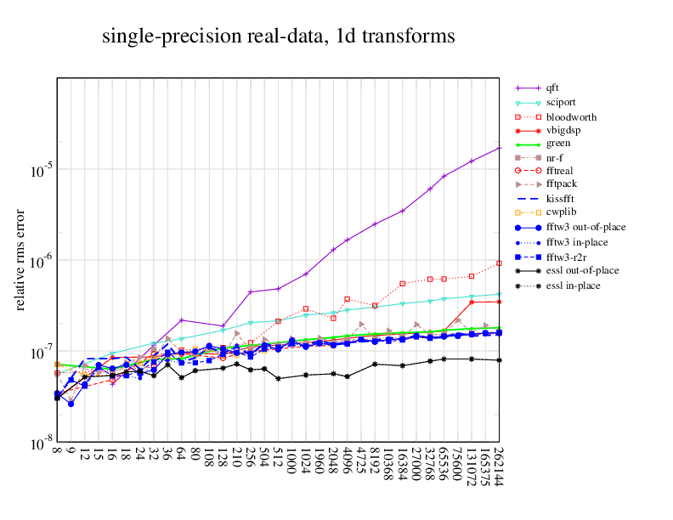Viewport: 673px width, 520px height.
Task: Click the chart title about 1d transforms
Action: [x=278, y=37]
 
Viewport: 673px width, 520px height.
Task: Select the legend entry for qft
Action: [x=552, y=88]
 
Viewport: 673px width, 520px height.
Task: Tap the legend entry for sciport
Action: [x=560, y=102]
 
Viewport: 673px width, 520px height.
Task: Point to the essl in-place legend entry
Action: [x=574, y=285]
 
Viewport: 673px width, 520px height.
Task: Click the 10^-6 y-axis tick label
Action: [x=39, y=260]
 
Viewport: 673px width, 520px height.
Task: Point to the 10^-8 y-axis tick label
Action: [x=39, y=444]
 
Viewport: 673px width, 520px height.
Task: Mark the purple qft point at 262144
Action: [x=500, y=148]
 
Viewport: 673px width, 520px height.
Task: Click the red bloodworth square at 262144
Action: [x=500, y=263]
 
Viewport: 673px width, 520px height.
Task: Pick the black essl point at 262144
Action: [x=500, y=360]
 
